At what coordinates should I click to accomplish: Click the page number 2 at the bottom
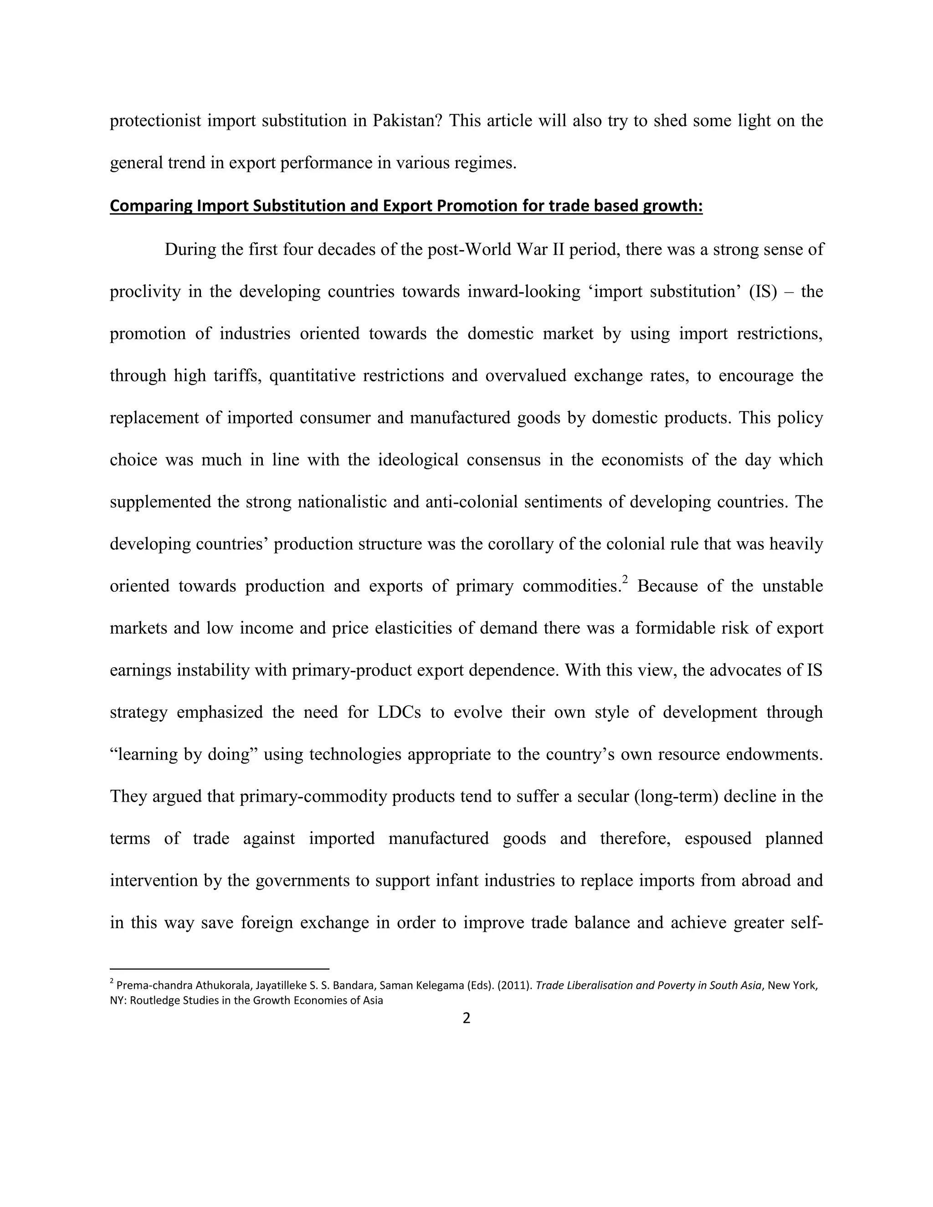pyautogui.click(x=466, y=1018)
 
